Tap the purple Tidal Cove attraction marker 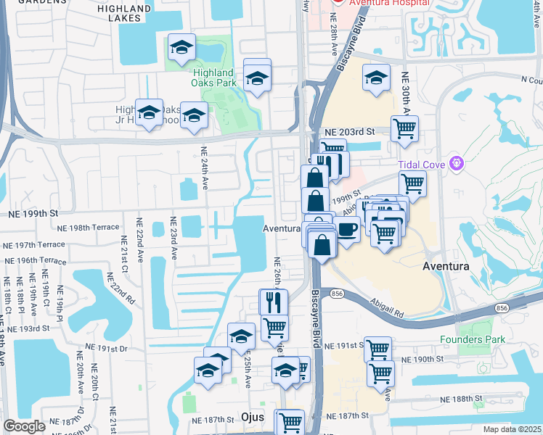point(455,162)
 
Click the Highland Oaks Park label point(213,78)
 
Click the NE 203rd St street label point(349,132)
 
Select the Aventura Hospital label point(386,4)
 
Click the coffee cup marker point(348,231)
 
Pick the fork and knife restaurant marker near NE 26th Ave point(274,302)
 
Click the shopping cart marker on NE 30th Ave point(404,129)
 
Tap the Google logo point(24,426)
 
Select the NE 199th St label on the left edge point(33,214)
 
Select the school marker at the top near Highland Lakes point(181,48)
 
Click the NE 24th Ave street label point(204,168)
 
